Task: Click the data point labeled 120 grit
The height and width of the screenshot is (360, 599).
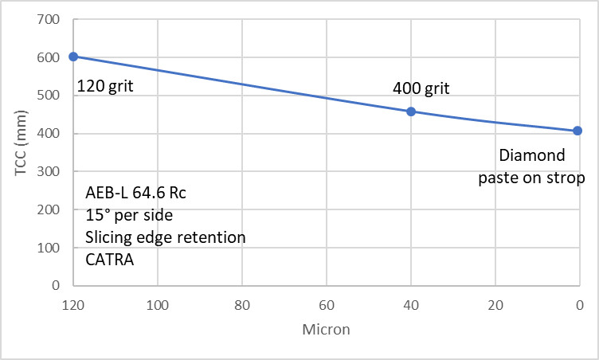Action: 73,57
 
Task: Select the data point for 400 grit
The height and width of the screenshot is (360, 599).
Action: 411,112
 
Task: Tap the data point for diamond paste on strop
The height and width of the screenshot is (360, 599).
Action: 577,131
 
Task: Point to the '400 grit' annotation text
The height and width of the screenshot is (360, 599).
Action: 421,88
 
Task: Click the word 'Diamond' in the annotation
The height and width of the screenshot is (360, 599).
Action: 531,155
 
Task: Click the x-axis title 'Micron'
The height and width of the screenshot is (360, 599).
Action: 325,329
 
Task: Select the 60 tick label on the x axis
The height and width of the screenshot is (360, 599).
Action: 326,303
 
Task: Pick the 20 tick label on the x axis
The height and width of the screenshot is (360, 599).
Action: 495,303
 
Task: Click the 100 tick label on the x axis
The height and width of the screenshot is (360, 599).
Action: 158,303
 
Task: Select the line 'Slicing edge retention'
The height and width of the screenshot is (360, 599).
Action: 165,237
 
